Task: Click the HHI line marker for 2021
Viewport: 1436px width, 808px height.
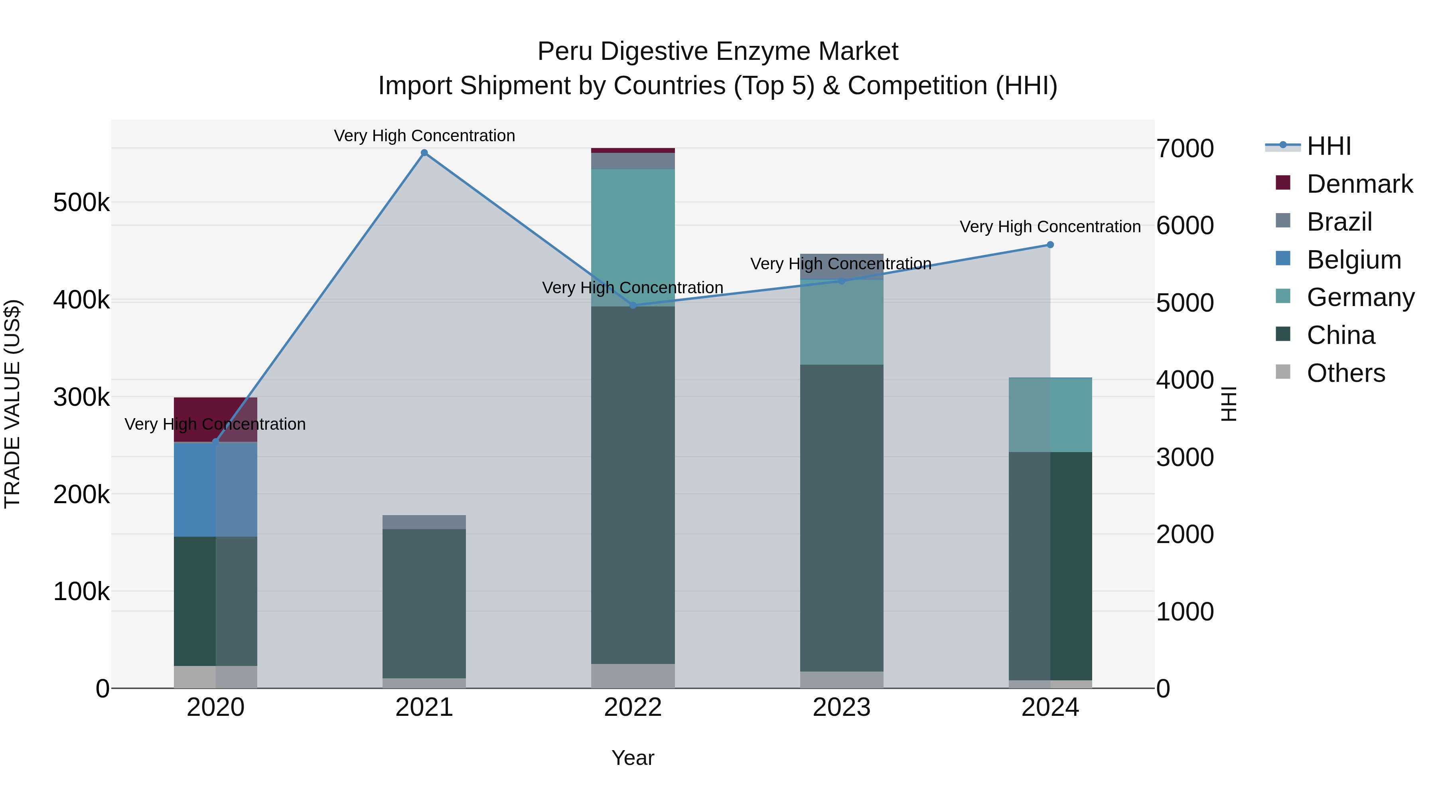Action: click(424, 153)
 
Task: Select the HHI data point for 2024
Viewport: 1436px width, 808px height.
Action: click(1050, 245)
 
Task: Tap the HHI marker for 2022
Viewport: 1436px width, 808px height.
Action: click(633, 306)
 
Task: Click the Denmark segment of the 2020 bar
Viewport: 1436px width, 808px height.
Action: click(216, 413)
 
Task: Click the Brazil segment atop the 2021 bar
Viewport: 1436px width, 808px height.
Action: click(424, 522)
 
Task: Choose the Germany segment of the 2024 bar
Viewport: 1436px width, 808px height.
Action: click(1050, 415)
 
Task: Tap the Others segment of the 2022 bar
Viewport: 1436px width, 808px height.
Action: click(633, 676)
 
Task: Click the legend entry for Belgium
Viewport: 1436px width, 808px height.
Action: click(1353, 260)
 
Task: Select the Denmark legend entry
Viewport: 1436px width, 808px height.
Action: click(1359, 184)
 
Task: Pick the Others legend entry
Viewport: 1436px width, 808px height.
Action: click(1346, 373)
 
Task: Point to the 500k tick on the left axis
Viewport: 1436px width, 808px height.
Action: click(81, 202)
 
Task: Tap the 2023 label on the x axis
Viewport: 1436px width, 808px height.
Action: click(842, 707)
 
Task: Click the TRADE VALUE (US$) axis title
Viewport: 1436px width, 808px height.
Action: click(12, 404)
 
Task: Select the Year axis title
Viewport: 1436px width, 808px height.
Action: click(633, 758)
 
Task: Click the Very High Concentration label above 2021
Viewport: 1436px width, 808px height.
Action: click(424, 136)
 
